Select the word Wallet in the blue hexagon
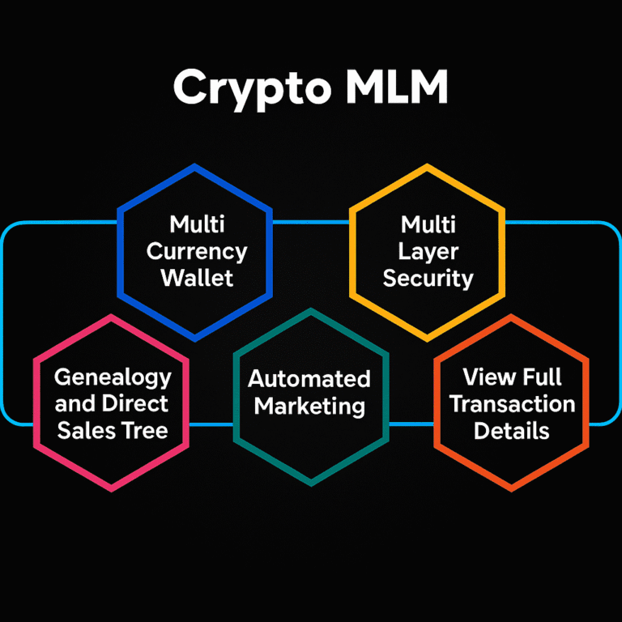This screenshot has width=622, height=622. (x=197, y=278)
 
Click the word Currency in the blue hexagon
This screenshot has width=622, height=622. (x=197, y=251)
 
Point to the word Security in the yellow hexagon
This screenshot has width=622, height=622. (x=428, y=278)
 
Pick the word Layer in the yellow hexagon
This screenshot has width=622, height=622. (x=428, y=251)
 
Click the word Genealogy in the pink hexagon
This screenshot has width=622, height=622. (x=113, y=377)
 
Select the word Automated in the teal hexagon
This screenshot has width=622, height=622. (x=309, y=379)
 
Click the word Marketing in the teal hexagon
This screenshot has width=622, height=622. (x=309, y=405)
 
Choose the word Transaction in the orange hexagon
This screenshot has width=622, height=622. (x=512, y=403)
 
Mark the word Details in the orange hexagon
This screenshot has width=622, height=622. (x=512, y=430)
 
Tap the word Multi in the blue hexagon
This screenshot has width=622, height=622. (x=197, y=224)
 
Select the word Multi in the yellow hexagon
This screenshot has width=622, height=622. (x=428, y=224)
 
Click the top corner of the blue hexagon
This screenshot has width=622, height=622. (x=195, y=166)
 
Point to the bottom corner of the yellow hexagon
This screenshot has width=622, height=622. (x=427, y=339)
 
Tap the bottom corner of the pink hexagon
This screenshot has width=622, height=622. (x=112, y=489)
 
